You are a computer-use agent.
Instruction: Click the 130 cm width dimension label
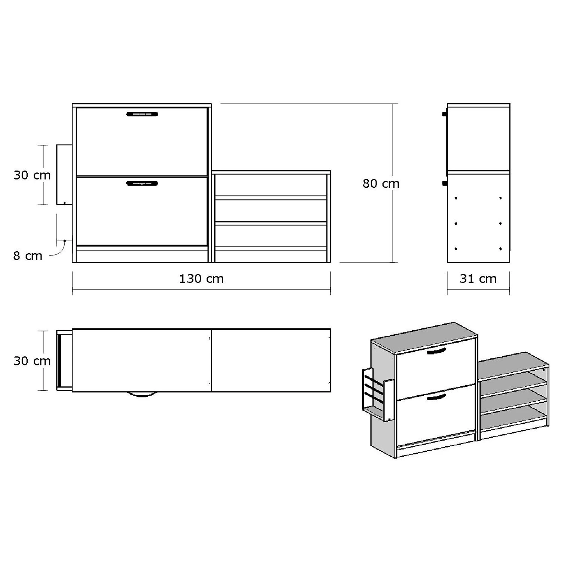[x=201, y=279]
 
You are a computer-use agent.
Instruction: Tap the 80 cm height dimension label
[x=381, y=184]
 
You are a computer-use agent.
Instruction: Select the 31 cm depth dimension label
[x=478, y=279]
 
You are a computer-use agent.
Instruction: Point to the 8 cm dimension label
[x=28, y=256]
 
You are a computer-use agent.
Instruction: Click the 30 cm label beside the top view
[x=32, y=361]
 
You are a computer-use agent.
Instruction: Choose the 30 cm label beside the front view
[x=32, y=175]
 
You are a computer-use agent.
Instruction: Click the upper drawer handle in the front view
[x=142, y=114]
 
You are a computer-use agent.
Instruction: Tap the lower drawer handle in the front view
[x=142, y=183]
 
